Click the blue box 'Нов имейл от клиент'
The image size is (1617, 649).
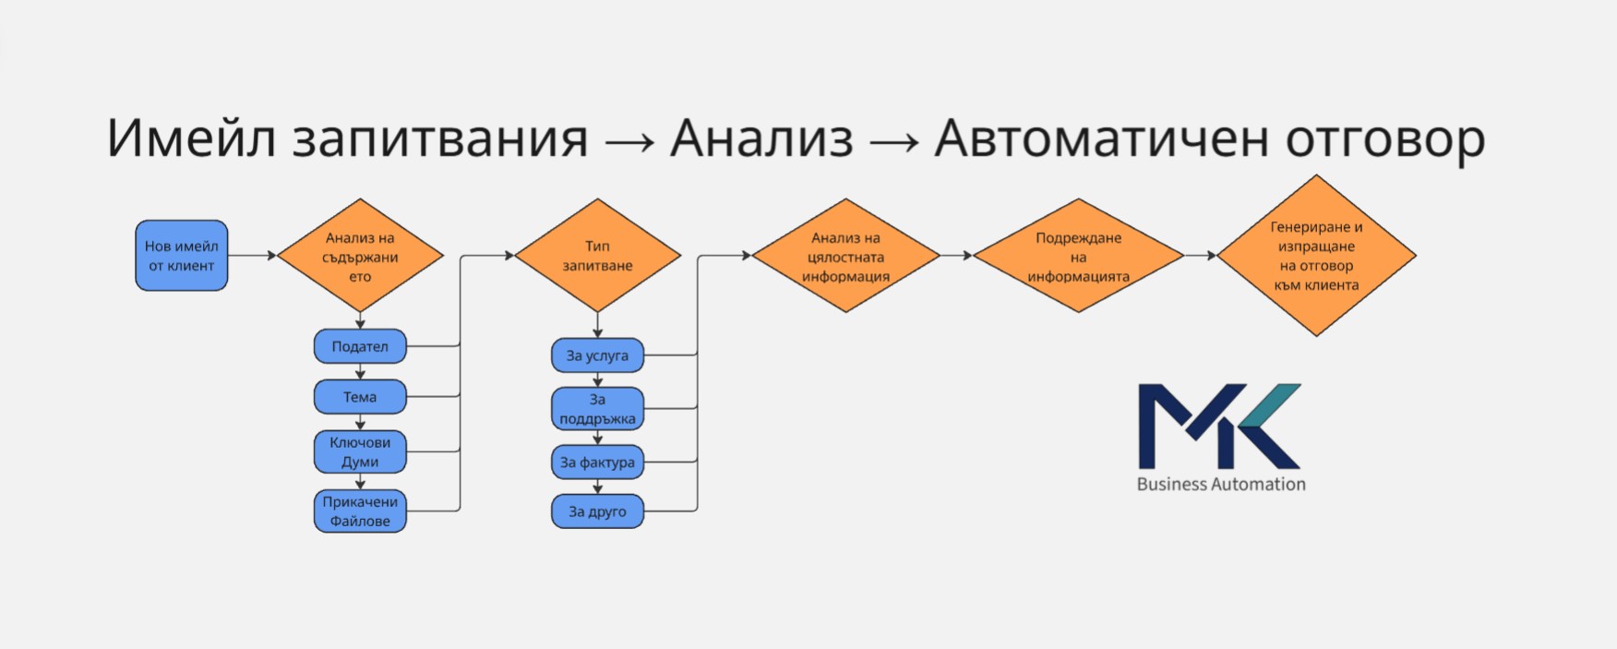point(182,256)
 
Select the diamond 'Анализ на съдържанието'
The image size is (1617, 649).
point(360,256)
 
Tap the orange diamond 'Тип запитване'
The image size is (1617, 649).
point(597,256)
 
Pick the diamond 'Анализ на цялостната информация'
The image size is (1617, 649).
point(845,256)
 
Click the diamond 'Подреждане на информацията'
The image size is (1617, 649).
point(1078,256)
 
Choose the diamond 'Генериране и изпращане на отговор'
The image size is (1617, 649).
point(1316,256)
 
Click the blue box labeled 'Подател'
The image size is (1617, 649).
point(360,347)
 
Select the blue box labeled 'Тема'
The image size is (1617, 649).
point(360,397)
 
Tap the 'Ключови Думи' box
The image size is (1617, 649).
point(360,451)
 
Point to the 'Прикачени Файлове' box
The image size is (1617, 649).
point(360,511)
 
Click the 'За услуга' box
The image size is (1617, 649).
point(597,355)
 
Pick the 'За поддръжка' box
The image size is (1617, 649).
point(597,408)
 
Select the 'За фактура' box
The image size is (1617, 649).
point(597,463)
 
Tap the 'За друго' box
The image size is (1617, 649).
point(597,511)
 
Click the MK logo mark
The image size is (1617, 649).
point(1218,426)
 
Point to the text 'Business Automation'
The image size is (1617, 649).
point(1221,484)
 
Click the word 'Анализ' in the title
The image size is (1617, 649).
point(761,138)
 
